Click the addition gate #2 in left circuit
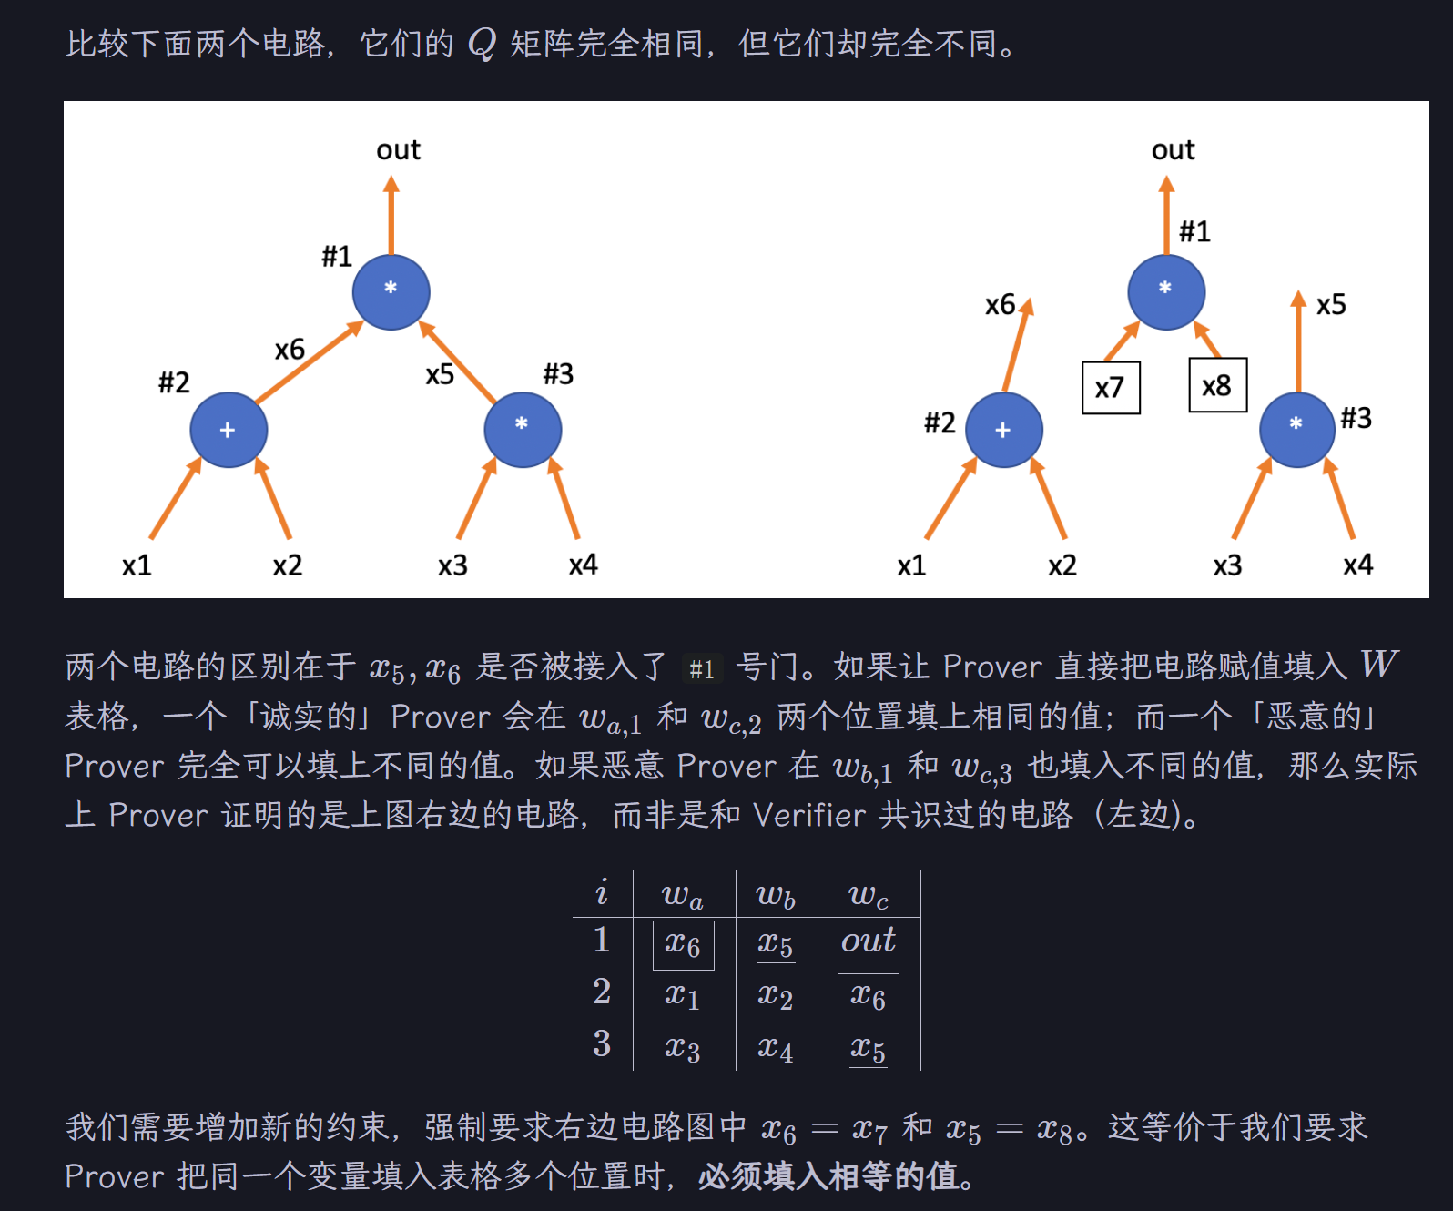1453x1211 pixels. [229, 430]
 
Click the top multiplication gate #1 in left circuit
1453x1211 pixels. [391, 291]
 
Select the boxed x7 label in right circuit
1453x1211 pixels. [1110, 388]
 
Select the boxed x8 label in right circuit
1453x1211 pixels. [1217, 386]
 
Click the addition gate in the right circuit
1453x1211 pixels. [1003, 430]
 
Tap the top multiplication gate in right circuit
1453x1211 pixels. [1165, 291]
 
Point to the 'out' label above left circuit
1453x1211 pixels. [398, 150]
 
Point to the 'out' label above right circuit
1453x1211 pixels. [1173, 150]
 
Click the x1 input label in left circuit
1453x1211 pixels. [137, 565]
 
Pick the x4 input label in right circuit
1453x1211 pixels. [1357, 565]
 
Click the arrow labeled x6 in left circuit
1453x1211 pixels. [310, 362]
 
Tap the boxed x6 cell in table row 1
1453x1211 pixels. [683, 944]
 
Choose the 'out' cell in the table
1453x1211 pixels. [868, 941]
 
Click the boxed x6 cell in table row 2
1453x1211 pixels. [868, 997]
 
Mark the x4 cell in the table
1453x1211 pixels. [775, 1049]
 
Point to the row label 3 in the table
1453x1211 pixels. [602, 1043]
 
